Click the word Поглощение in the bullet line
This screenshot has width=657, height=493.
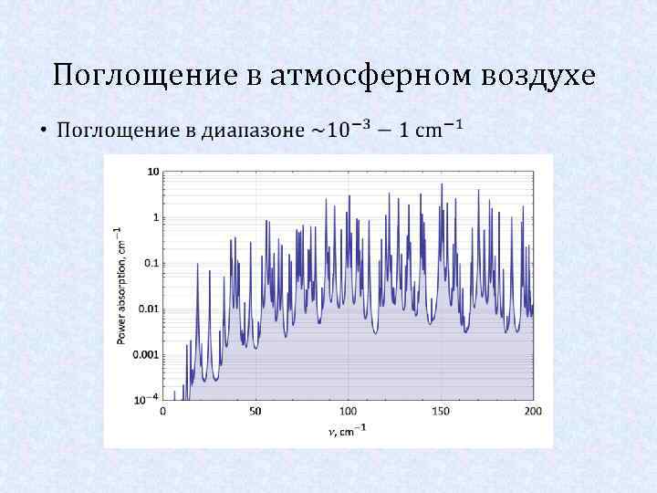(x=118, y=130)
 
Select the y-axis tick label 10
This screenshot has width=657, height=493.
(x=153, y=172)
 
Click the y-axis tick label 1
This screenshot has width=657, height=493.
(x=156, y=217)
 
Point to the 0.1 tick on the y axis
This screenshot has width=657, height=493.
(x=151, y=263)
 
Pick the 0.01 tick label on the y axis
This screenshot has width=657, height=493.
(x=150, y=309)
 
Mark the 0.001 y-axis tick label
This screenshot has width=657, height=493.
(x=147, y=354)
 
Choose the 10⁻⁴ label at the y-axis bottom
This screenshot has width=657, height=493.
(x=149, y=399)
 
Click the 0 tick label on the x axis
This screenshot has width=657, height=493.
(x=163, y=412)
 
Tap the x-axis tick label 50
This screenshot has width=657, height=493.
(x=255, y=412)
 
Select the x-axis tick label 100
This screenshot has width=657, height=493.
(x=349, y=412)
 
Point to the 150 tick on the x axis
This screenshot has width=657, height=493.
(x=441, y=412)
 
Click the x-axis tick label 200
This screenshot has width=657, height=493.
(x=533, y=412)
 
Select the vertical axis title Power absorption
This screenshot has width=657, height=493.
(x=120, y=285)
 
